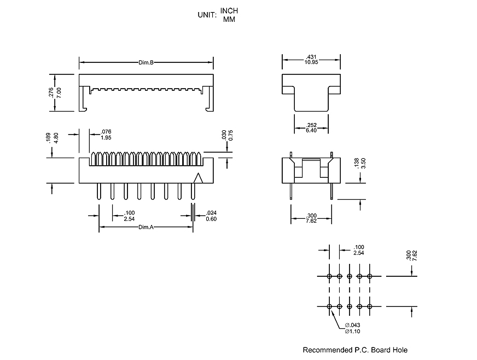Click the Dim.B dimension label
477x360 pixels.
click(x=146, y=63)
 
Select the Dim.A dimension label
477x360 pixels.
click(x=146, y=227)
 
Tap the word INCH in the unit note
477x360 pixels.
click(x=229, y=11)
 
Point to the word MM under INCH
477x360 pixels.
click(x=229, y=19)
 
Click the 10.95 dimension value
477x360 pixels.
click(x=311, y=62)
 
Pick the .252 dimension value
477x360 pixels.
click(x=311, y=125)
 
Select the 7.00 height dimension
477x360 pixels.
click(x=59, y=92)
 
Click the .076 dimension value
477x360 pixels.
click(x=106, y=132)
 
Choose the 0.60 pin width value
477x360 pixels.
click(x=211, y=219)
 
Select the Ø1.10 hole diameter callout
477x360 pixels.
click(x=352, y=331)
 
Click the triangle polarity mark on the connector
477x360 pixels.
click(x=199, y=177)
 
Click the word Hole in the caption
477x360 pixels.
click(x=399, y=350)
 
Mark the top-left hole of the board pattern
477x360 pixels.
click(x=329, y=276)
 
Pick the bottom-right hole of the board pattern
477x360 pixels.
click(x=370, y=306)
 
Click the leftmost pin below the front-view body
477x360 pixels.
click(x=98, y=192)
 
